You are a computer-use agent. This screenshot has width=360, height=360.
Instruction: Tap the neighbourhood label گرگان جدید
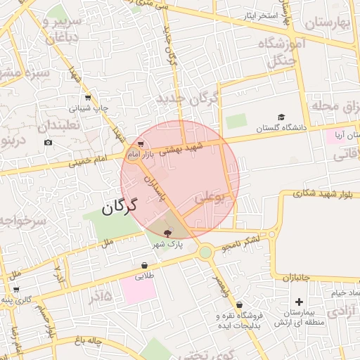(188, 98)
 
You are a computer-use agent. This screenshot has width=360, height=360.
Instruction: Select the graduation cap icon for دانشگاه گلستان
(281, 117)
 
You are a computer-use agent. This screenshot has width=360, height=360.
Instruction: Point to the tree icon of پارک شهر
(167, 233)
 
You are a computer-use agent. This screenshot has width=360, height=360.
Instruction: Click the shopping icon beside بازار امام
(141, 144)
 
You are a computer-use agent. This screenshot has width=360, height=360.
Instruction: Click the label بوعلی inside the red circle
(210, 200)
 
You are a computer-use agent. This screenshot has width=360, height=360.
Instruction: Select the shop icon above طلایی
(144, 266)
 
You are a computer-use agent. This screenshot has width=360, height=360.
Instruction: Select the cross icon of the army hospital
(300, 302)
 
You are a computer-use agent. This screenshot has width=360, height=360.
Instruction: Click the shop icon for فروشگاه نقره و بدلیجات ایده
(240, 305)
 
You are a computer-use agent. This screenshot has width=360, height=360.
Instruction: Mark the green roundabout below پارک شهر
(205, 252)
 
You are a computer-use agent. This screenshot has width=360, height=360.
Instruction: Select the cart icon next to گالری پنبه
(15, 289)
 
